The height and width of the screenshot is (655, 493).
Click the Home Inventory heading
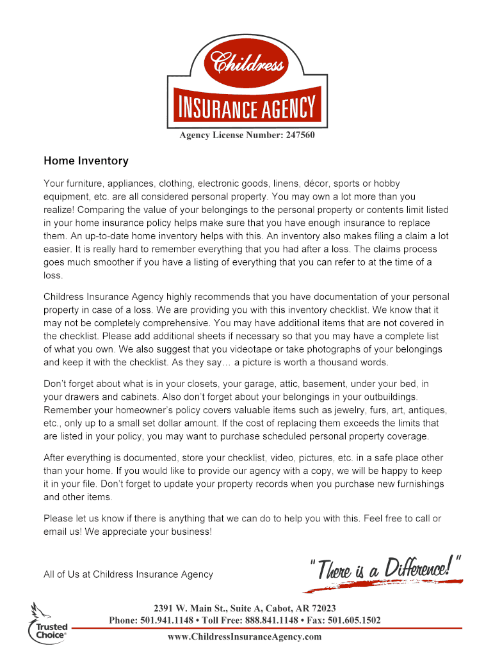click(86, 161)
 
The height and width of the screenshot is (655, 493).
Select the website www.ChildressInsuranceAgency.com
click(245, 637)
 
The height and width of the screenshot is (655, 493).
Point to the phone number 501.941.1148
click(168, 620)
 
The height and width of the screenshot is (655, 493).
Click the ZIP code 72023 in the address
click(323, 608)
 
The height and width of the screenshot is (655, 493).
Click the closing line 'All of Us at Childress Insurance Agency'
click(128, 574)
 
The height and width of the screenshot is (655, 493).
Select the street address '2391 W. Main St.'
click(189, 608)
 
